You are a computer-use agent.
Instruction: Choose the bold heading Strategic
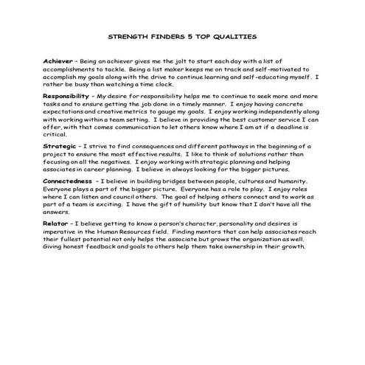pos(60,147)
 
